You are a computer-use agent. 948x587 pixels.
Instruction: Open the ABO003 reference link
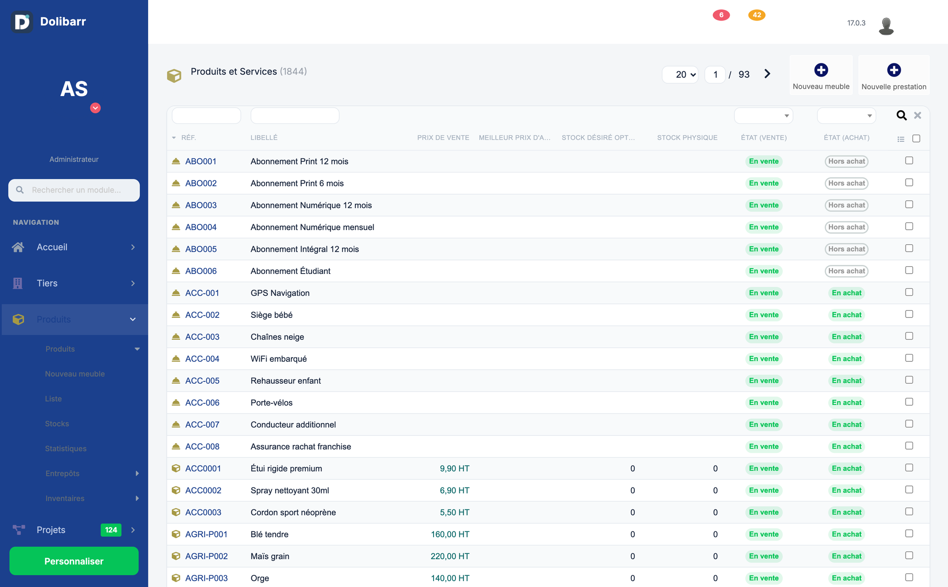pos(201,205)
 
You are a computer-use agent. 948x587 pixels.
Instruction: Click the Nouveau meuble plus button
pos(821,70)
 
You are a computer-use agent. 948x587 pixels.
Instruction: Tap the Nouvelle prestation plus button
pos(894,70)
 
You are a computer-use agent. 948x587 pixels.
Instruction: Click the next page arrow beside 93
pos(767,74)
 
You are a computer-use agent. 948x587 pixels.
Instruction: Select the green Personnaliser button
pos(74,561)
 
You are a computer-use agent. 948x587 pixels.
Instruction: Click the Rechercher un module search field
pos(74,190)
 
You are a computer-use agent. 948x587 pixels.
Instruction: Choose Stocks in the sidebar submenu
pos(57,424)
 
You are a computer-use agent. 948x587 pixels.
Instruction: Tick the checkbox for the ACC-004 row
pos(909,358)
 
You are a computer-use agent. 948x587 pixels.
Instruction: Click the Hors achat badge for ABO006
pos(847,271)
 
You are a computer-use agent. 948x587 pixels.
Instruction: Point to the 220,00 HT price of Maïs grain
pos(450,556)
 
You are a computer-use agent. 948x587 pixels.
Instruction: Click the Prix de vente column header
pos(443,138)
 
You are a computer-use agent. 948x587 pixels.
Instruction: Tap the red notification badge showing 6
pos(721,15)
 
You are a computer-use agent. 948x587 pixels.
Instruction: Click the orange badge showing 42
pos(757,15)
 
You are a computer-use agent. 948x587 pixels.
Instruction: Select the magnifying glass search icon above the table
pos(901,116)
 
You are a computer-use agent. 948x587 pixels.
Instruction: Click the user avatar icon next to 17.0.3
pos(886,26)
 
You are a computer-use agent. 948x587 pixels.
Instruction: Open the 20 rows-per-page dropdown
pos(680,75)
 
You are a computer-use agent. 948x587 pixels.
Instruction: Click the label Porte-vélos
pos(271,403)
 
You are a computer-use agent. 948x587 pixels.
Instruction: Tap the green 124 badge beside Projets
pos(111,530)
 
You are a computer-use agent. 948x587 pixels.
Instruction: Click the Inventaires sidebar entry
pos(65,498)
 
